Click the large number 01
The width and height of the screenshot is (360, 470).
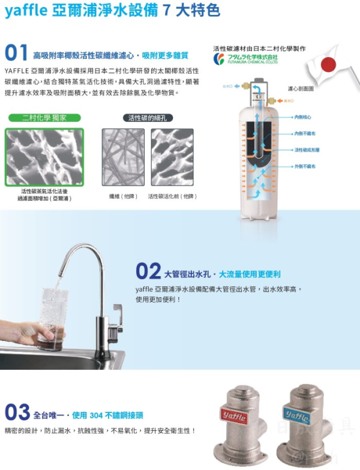pos(16,53)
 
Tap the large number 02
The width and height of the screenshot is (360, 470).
pos(148,271)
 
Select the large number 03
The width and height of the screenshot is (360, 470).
pos(17,413)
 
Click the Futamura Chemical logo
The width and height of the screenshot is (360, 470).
pos(245,59)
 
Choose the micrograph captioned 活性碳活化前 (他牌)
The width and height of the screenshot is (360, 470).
pos(172,157)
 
